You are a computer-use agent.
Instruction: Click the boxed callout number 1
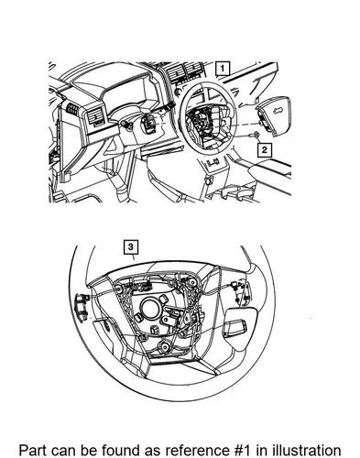click(223, 69)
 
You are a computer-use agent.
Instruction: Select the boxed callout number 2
click(265, 150)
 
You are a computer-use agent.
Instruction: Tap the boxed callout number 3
click(131, 246)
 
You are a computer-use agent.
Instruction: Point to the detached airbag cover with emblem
click(274, 113)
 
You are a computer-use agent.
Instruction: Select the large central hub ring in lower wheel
click(150, 309)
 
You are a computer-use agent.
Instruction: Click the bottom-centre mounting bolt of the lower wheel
click(165, 346)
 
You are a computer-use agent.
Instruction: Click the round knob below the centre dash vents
click(177, 92)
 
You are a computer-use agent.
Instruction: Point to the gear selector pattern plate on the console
click(213, 162)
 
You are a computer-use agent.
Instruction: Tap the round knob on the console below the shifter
click(209, 180)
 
